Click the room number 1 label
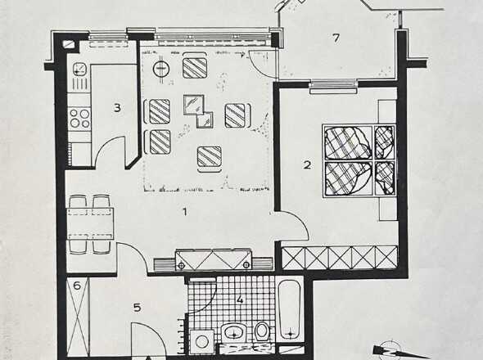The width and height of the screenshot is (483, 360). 185,212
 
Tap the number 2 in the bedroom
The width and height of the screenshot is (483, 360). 307,165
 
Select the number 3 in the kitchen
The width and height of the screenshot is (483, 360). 117,108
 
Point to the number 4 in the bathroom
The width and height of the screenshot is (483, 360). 240,299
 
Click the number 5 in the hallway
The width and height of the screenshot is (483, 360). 137,308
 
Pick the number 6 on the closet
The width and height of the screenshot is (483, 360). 77,286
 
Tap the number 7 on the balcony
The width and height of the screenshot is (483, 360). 336,38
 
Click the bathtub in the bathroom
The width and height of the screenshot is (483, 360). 290,308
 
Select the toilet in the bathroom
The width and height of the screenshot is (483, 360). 262,331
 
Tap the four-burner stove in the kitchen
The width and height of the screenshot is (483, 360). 79,119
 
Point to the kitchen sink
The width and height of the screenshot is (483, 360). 79,69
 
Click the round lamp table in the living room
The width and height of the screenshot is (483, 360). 161,69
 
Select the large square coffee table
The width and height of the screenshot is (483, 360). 194,105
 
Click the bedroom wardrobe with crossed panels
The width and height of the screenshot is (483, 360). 340,258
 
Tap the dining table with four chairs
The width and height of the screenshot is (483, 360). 90,223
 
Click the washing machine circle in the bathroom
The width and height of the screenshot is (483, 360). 201,341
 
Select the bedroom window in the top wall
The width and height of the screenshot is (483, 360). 334,86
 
